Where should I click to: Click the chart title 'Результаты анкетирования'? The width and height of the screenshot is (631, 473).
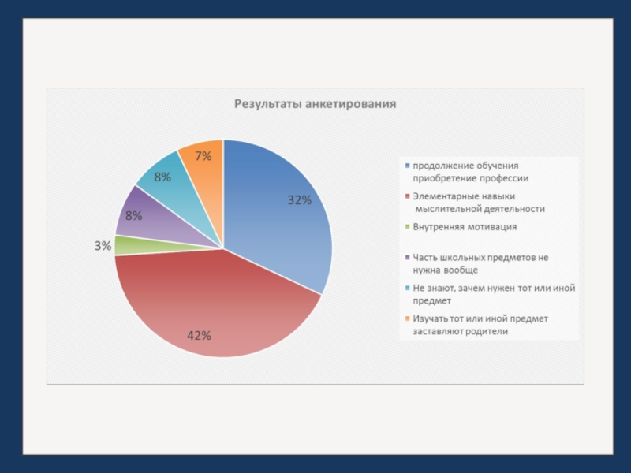point(315,103)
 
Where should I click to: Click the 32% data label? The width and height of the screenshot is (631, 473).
point(299,200)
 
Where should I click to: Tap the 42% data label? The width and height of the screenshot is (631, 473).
point(199,335)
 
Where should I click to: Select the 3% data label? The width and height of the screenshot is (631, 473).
point(103,246)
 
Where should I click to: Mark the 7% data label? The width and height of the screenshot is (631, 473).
point(203,156)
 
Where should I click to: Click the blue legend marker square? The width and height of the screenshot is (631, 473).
point(407,166)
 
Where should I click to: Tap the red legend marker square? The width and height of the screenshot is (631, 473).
point(407,196)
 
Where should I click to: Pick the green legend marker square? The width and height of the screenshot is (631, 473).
point(407,227)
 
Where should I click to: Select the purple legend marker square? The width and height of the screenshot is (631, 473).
point(407,258)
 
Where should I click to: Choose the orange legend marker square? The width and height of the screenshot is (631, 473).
point(407,319)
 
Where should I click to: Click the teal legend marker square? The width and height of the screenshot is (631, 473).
point(407,289)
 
